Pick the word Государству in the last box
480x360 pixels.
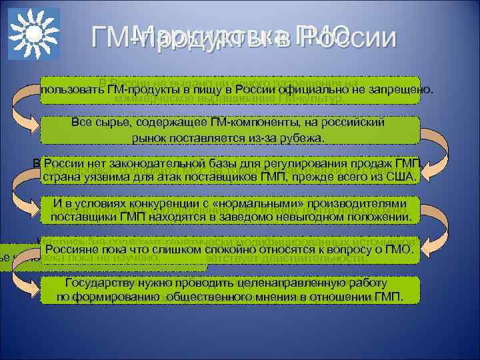coord(89,283)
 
